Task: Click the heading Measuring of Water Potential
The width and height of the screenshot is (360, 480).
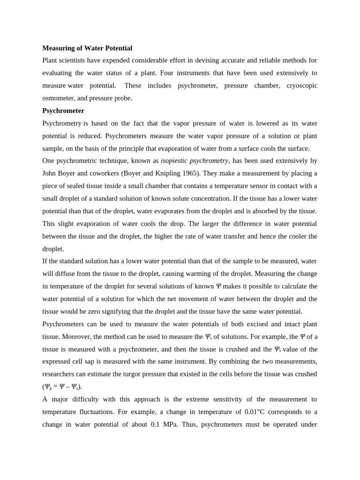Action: pyautogui.click(x=87, y=48)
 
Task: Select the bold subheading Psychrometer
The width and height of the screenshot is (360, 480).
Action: pyautogui.click(x=63, y=111)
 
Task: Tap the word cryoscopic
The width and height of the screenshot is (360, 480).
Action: pyautogui.click(x=302, y=86)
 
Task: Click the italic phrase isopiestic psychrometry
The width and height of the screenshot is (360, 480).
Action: pyautogui.click(x=194, y=161)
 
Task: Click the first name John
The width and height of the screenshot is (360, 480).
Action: pyautogui.click(x=51, y=173)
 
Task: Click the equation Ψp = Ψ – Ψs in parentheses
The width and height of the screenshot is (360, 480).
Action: pyautogui.click(x=62, y=387)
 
